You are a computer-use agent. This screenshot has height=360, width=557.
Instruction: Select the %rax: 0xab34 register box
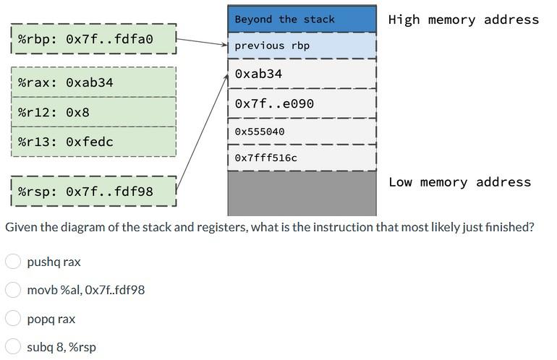[93, 82]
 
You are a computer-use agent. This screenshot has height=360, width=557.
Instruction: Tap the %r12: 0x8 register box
[93, 112]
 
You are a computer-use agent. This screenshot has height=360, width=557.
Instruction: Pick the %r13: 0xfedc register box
[93, 142]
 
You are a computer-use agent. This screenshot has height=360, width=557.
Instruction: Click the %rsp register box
[93, 192]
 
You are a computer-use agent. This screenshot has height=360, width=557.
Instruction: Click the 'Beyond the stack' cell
[302, 19]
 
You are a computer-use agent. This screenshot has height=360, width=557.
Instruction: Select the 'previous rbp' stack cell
[302, 46]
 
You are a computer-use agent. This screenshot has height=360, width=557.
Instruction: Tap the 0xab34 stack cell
[302, 74]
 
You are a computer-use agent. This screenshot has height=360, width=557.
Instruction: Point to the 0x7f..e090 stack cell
[302, 103]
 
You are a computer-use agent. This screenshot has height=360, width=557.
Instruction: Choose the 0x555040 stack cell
[302, 132]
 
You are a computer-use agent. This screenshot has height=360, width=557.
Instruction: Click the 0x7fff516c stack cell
[302, 158]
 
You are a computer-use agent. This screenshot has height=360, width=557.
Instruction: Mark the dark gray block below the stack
[302, 193]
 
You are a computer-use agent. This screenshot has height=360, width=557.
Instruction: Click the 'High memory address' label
[463, 20]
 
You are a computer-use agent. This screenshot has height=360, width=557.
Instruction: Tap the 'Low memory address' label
[459, 182]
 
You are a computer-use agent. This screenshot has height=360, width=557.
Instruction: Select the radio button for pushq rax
[13, 262]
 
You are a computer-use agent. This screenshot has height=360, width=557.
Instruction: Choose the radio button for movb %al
[13, 290]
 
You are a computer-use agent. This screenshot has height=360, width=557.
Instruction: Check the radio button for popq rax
[13, 319]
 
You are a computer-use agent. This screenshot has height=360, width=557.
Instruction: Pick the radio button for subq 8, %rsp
[13, 347]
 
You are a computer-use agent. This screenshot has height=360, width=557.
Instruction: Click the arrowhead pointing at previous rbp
[224, 45]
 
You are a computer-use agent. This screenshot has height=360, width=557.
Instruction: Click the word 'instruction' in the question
[339, 227]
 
